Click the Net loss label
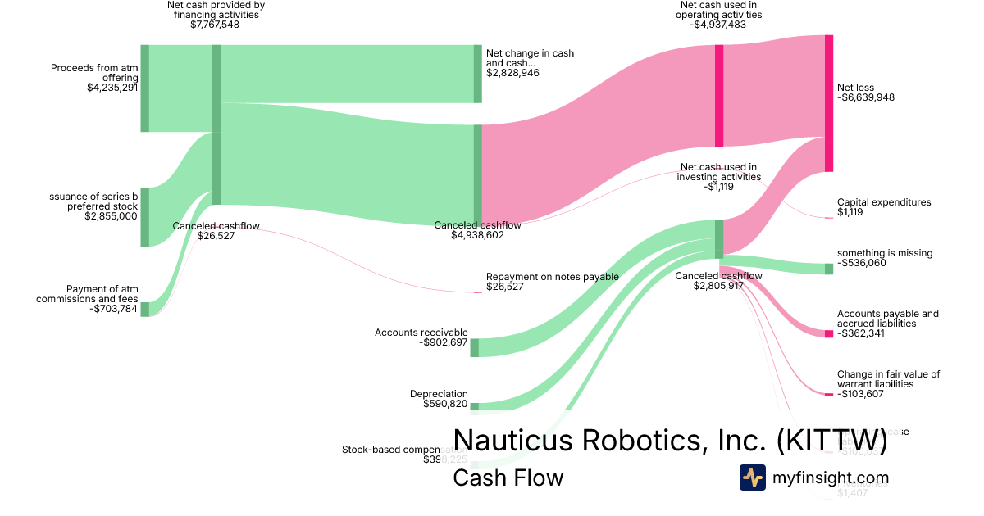point(855,88)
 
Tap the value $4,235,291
point(112,88)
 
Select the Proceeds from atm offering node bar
point(145,88)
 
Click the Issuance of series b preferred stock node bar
point(145,216)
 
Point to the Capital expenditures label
point(884,202)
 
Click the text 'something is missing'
point(885,253)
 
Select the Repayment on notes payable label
point(552,277)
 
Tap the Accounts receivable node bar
point(474,347)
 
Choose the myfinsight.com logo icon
point(752,478)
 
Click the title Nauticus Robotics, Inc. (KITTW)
point(670,440)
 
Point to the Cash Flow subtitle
point(508,478)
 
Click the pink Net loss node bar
point(829,103)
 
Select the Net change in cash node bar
point(478,74)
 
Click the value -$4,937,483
point(722,25)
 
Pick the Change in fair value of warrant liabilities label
point(888,378)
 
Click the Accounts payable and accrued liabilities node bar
point(829,333)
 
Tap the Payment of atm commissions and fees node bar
point(145,309)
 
